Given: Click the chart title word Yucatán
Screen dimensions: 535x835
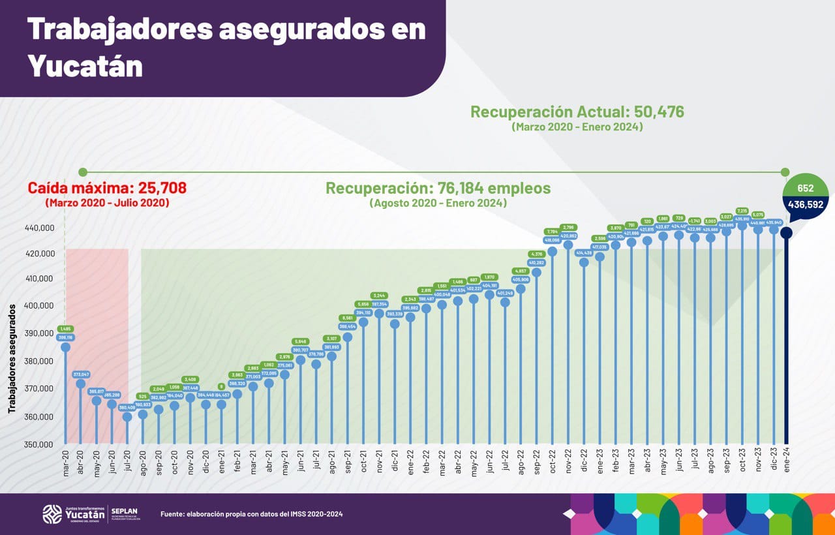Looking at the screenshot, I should (85, 66).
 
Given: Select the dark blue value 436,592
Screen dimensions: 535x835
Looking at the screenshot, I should (805, 204).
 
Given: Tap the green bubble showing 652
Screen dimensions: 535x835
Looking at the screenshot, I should (805, 188).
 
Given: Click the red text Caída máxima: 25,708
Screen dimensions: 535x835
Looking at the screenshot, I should (107, 188).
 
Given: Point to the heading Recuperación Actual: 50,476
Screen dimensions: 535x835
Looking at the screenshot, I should (577, 112).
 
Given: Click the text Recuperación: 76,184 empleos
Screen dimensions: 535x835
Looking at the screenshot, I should (438, 189).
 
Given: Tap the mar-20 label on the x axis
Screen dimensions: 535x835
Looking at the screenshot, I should (65, 463).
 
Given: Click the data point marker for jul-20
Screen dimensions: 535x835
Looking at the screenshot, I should (127, 417).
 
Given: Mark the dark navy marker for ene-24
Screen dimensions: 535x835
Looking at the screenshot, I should (787, 232).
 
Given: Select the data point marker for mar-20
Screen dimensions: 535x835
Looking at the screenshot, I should (65, 347).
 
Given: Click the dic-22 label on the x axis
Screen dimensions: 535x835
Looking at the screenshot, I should (584, 463).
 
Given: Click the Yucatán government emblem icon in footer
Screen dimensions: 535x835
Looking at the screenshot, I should (52, 514).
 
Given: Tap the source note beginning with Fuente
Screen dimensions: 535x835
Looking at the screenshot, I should (251, 514).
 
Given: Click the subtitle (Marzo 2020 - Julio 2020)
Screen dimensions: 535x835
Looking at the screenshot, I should (107, 203).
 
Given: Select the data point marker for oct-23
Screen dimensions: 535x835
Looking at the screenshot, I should (742, 225).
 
